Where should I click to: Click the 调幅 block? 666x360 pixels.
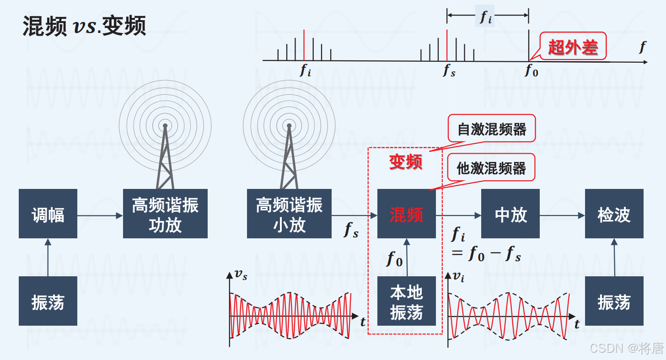(48, 214)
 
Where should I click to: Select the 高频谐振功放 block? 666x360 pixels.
(165, 214)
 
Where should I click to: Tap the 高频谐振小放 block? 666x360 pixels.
(289, 214)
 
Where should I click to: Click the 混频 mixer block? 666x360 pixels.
(406, 214)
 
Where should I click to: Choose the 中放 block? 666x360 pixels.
(510, 214)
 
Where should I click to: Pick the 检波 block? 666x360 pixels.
(614, 214)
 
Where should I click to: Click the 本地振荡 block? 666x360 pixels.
(406, 301)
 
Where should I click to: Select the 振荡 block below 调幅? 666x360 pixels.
(48, 301)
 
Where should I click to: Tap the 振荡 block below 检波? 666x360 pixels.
(614, 301)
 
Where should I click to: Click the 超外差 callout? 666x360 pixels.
(573, 46)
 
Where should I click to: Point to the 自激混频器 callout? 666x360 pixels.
(492, 129)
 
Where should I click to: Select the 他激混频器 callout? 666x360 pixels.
(492, 168)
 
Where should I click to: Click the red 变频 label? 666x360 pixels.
(405, 161)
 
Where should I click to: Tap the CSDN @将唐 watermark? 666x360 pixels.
(626, 349)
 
